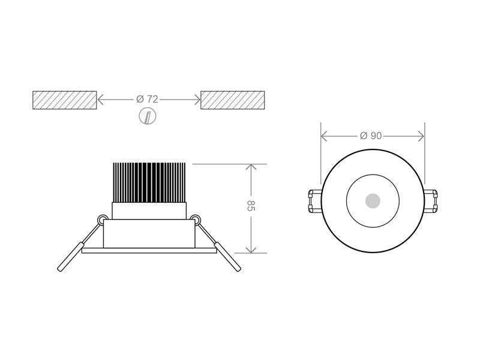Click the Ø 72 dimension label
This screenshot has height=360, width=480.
147,99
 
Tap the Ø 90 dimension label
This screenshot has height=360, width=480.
371,136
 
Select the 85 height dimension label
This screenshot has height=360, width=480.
251,206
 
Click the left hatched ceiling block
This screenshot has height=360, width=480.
65,100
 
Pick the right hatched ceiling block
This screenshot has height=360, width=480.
233,100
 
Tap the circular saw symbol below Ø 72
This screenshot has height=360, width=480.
148,116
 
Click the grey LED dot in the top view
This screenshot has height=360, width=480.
373,201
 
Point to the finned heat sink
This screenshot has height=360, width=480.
149,183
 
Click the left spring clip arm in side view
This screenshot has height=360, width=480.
79,246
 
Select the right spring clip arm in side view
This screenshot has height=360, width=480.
219,246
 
